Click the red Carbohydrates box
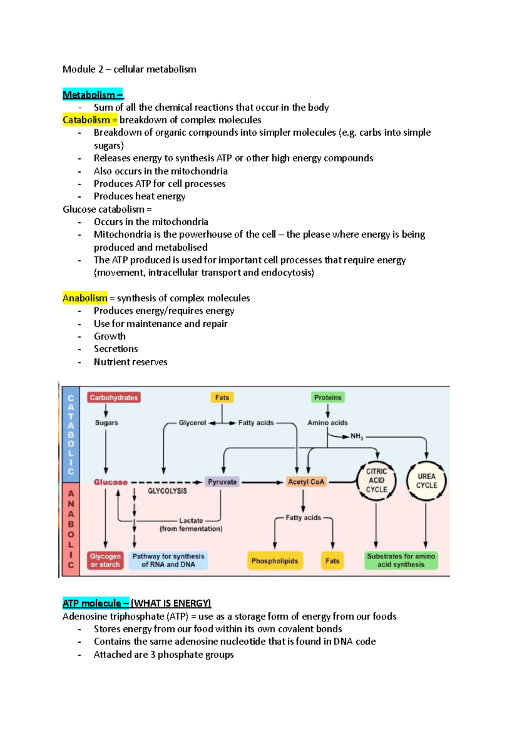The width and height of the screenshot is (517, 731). (114, 397)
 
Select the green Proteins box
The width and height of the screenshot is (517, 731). (327, 397)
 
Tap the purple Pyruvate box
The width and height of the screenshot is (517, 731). (222, 482)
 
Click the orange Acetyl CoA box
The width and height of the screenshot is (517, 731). (306, 482)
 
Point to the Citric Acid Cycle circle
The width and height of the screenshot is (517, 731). (377, 480)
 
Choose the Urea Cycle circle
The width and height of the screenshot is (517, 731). (426, 481)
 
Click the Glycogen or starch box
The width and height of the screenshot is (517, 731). (106, 561)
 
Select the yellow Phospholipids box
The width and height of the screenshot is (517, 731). (274, 561)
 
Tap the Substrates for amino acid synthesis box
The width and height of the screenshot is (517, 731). (401, 561)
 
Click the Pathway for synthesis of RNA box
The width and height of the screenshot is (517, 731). (168, 561)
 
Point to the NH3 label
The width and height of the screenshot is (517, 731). (357, 437)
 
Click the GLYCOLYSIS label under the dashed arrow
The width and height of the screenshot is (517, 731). (167, 491)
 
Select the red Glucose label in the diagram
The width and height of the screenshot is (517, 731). (111, 482)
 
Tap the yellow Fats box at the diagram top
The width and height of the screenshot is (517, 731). (222, 397)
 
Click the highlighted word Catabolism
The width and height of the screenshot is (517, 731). (87, 120)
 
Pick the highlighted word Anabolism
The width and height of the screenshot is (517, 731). (85, 298)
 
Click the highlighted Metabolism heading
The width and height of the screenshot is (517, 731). (93, 95)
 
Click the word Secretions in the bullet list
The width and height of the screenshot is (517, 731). (116, 349)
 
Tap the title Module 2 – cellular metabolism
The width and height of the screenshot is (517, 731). (129, 69)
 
